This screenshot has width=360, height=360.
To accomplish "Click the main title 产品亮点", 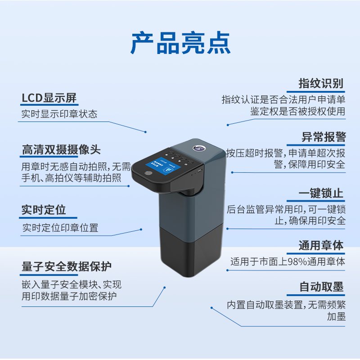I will click(180, 43).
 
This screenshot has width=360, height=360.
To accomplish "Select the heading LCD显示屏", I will click(49, 98).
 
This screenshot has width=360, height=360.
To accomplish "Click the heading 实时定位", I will click(44, 210).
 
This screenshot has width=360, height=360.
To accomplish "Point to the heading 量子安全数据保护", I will click(67, 266).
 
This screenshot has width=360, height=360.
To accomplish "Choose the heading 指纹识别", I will click(321, 83).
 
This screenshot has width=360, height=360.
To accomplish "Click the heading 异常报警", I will click(323, 137).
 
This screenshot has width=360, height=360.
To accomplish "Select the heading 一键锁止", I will click(321, 193).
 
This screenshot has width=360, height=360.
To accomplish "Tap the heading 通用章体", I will click(321, 246).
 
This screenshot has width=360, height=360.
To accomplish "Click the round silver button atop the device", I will click(198, 147).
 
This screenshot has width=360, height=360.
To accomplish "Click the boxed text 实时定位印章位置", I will click(60, 228).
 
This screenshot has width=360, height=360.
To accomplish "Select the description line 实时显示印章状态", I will click(59, 114).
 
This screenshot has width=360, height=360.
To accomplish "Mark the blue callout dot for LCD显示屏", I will click(146, 131).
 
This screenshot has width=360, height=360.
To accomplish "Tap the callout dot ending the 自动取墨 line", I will click(211, 308).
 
